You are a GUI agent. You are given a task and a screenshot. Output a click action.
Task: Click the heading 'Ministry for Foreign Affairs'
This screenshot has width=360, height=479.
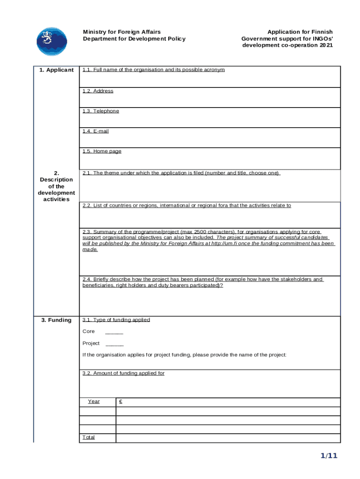pyautogui.click(x=122, y=32)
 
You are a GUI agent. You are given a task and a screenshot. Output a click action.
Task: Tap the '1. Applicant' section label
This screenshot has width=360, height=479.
pyautogui.click(x=57, y=70)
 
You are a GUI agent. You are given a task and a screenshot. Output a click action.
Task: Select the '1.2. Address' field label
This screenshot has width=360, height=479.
pyautogui.click(x=98, y=91)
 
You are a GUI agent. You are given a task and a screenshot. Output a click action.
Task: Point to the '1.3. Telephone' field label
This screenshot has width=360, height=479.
pyautogui.click(x=101, y=111)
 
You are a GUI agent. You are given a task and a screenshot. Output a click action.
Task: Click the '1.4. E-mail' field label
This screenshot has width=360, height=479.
pyautogui.click(x=95, y=131)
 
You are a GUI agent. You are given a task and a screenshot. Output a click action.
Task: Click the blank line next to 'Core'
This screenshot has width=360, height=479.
pyautogui.click(x=114, y=333)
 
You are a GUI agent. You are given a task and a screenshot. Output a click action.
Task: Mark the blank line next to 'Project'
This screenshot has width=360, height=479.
pyautogui.click(x=115, y=345)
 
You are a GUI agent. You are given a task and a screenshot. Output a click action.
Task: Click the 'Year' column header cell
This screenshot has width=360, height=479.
pyautogui.click(x=94, y=401)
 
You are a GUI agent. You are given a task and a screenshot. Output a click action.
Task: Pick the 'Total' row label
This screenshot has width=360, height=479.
pyautogui.click(x=88, y=437)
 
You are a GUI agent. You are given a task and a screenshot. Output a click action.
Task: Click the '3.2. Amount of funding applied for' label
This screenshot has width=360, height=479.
pyautogui.click(x=123, y=373)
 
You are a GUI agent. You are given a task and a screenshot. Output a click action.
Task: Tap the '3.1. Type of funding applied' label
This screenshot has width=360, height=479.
pyautogui.click(x=116, y=320)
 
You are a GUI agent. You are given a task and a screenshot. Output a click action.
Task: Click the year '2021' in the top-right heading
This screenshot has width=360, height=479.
pyautogui.click(x=325, y=45)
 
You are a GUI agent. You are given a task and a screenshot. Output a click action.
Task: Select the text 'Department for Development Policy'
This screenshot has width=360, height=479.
pyautogui.click(x=134, y=39)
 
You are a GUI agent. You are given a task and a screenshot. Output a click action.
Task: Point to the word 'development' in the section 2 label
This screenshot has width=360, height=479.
pyautogui.click(x=57, y=193)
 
